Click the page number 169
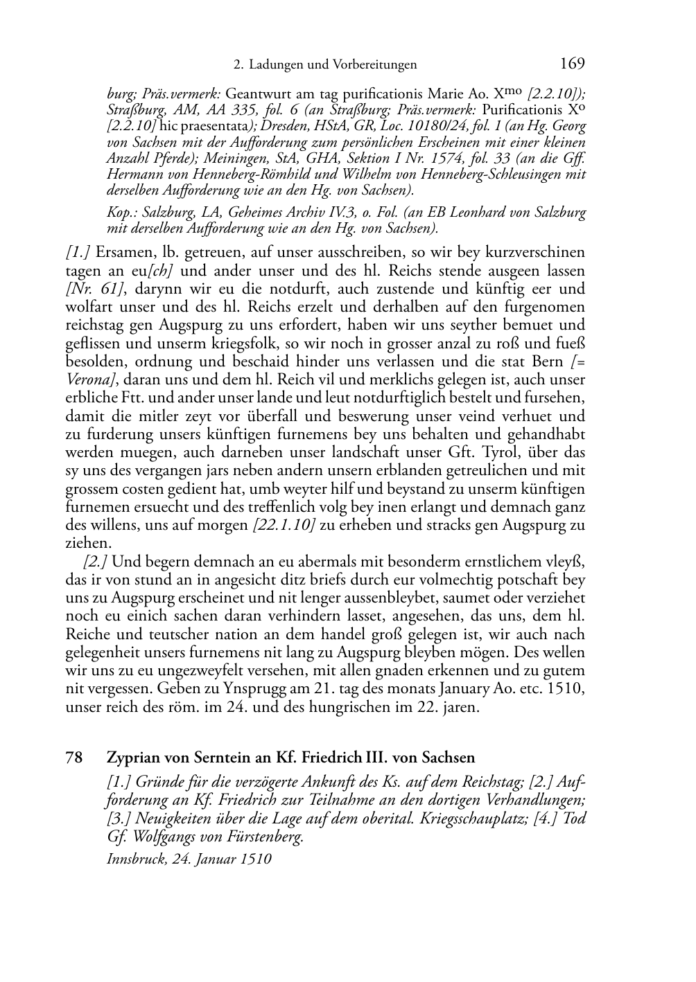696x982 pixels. point(572,64)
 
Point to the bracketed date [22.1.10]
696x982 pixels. point(284,525)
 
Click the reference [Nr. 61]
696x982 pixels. point(90,289)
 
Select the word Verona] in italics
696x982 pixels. point(87,380)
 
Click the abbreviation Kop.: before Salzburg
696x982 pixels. point(121,213)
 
